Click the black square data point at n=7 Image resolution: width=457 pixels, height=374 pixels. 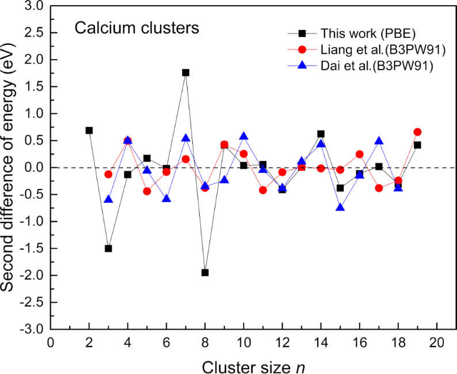click(x=185, y=72)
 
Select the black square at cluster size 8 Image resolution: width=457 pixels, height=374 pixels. click(x=205, y=272)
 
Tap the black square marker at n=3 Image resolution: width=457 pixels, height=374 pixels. click(x=108, y=248)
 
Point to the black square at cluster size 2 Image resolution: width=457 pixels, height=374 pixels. click(x=89, y=130)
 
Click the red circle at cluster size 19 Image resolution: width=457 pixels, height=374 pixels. click(x=417, y=132)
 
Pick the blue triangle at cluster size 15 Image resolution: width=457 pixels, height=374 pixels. click(x=340, y=207)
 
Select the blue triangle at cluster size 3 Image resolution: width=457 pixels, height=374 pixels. click(x=108, y=199)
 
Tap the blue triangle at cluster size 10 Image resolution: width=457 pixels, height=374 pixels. click(x=243, y=136)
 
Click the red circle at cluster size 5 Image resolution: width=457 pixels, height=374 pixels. click(x=147, y=191)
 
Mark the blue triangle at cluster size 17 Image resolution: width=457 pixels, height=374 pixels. click(x=379, y=141)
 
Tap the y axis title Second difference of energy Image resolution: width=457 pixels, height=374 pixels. click(x=10, y=167)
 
